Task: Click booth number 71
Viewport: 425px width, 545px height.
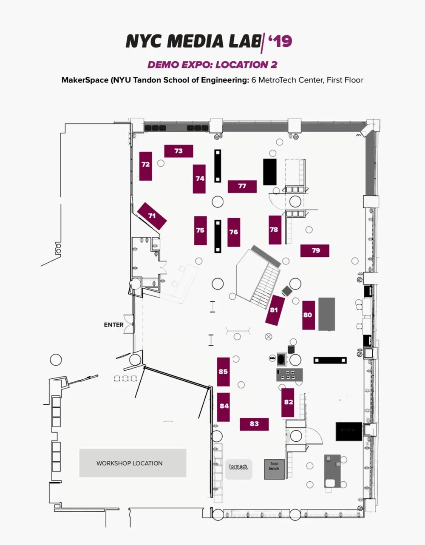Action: tap(152, 216)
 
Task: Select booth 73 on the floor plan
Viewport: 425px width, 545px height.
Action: tap(178, 151)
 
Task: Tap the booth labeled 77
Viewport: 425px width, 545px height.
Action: tap(242, 186)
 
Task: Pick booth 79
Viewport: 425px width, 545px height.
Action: tap(315, 250)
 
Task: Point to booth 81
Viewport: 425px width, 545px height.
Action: tap(274, 310)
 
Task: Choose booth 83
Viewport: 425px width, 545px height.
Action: tap(254, 424)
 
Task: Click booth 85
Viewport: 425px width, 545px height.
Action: tap(223, 372)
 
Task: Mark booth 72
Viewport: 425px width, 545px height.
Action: tap(146, 165)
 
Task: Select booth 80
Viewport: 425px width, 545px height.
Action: tap(308, 315)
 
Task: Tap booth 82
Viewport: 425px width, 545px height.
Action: tap(289, 402)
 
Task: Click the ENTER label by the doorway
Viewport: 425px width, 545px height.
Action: tap(113, 325)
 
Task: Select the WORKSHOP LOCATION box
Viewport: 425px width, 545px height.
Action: tap(133, 463)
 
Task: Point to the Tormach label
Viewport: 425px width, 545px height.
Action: tap(238, 467)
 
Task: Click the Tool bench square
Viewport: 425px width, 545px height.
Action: tap(274, 468)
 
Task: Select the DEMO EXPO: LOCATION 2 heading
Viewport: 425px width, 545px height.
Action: tap(212, 65)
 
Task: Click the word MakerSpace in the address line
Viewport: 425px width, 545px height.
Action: tap(85, 80)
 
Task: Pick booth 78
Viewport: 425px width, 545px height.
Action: tap(274, 230)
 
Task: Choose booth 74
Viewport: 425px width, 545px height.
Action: tap(200, 179)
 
